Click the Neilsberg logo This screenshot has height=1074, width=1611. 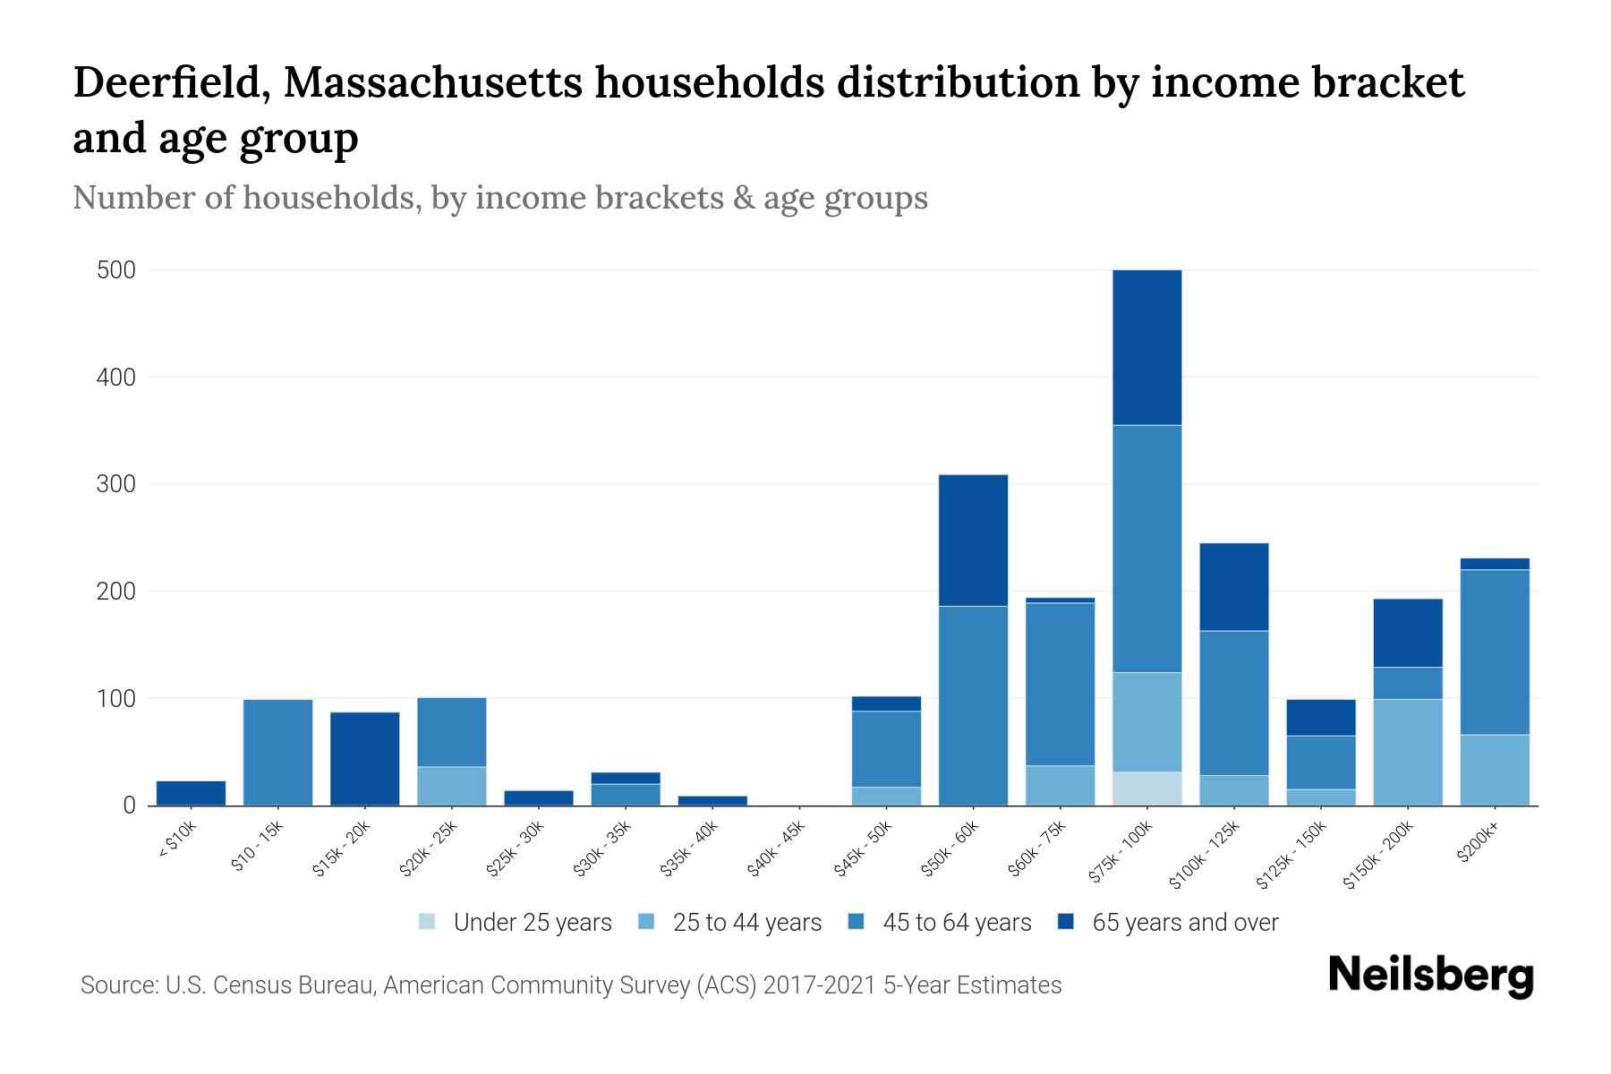[x=1430, y=976]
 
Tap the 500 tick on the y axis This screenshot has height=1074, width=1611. [x=115, y=270]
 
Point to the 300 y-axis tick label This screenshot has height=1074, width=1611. [x=115, y=484]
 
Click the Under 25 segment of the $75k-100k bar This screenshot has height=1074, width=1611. [x=1146, y=788]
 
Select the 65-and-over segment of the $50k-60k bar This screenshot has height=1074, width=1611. [x=973, y=541]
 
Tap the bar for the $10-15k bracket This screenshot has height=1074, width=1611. [x=277, y=753]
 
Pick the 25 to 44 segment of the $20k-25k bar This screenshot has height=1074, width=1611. [x=452, y=786]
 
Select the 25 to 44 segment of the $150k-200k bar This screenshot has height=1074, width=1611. [x=1407, y=752]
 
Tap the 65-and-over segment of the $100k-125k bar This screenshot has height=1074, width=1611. [x=1233, y=587]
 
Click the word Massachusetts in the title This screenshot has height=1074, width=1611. [x=436, y=83]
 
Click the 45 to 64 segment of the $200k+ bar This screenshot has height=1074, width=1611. [x=1494, y=652]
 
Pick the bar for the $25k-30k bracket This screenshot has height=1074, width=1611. [x=539, y=798]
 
